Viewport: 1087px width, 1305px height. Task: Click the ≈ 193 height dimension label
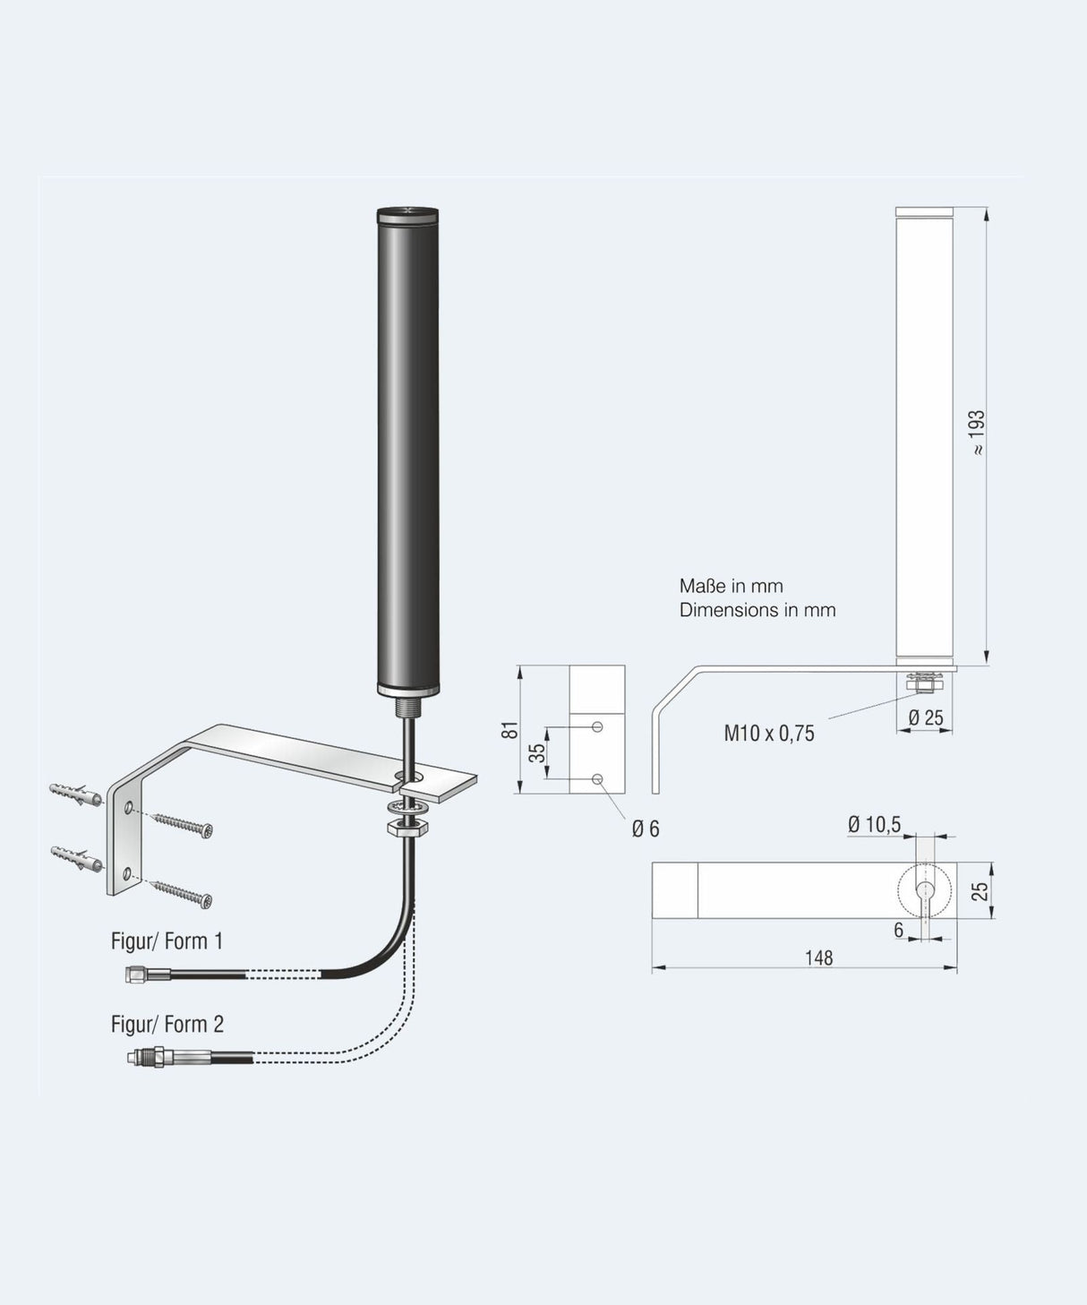[x=977, y=433]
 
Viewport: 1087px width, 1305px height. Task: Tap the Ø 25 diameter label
[x=925, y=717]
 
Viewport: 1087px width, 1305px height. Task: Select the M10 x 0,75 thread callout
[x=769, y=734]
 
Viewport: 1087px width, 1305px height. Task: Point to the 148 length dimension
[x=818, y=957]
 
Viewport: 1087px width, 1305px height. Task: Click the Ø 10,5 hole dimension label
[x=874, y=824]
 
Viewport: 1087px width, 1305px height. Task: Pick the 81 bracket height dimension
[x=509, y=729]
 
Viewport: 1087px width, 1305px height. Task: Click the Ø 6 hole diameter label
[x=645, y=829]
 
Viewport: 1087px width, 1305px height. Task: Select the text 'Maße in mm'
[x=731, y=586]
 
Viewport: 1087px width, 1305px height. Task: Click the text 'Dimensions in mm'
[x=757, y=610]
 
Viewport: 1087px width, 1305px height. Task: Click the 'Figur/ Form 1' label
[x=167, y=940]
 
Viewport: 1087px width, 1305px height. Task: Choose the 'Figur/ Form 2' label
[x=167, y=1024]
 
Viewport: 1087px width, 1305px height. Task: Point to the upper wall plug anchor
[x=76, y=794]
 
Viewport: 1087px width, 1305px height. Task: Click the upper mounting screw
[x=182, y=824]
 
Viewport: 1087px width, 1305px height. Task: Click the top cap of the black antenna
[x=407, y=214]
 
